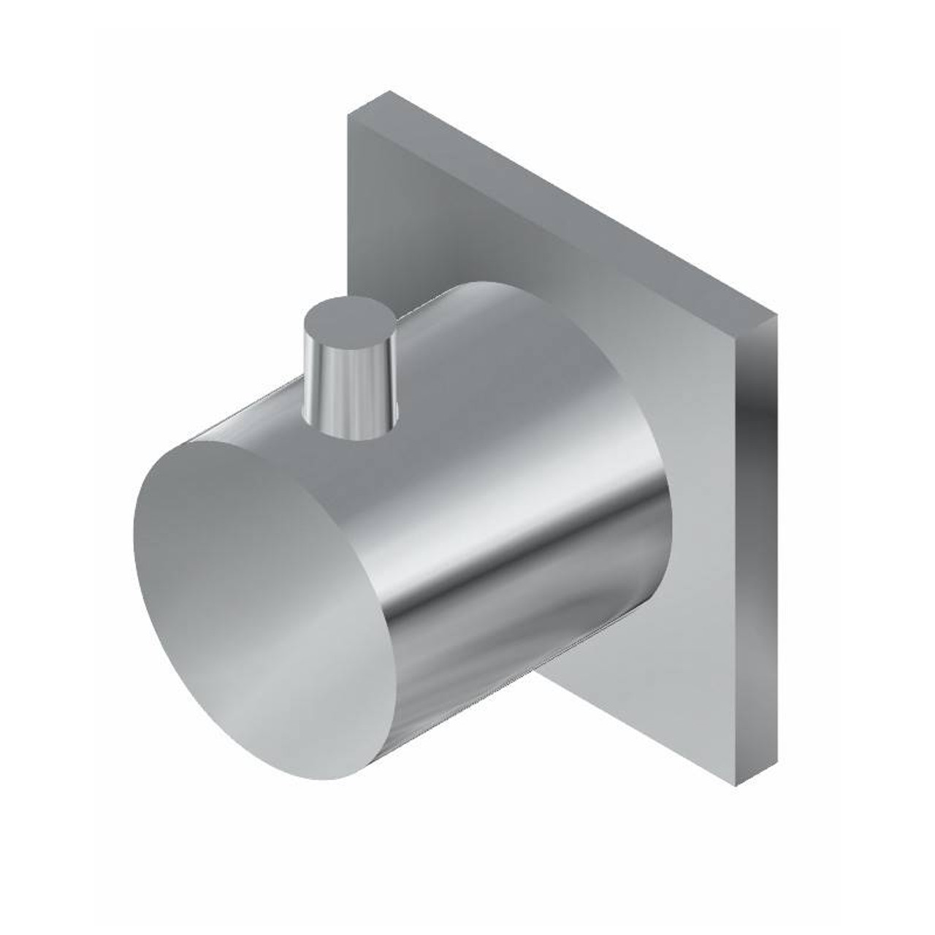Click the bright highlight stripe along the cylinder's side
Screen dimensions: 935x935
[x=467, y=570]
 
